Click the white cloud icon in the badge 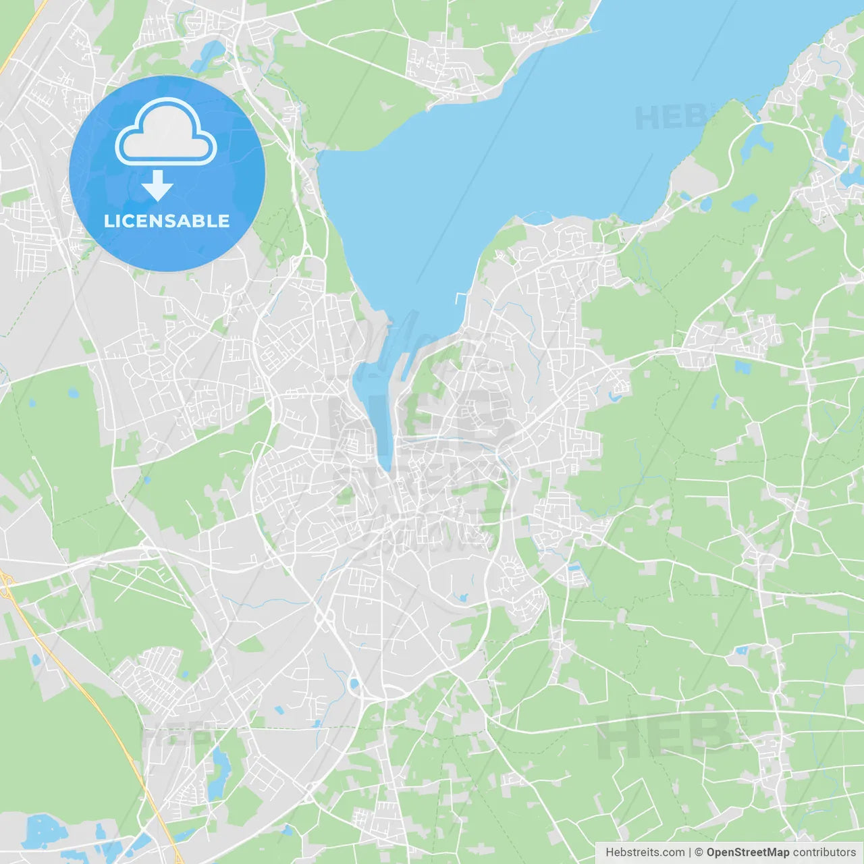coord(166,132)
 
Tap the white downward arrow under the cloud coord(158,185)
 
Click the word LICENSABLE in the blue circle coord(167,221)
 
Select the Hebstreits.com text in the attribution coord(645,853)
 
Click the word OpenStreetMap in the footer coord(747,853)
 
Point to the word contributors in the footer coord(824,853)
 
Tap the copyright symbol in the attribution coord(699,853)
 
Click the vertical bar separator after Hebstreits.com coord(690,853)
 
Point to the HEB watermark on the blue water coord(668,118)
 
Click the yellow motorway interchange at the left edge coord(7,584)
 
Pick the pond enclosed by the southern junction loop coord(354,685)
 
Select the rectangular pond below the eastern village coord(742,368)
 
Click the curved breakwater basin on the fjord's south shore coord(537,217)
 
